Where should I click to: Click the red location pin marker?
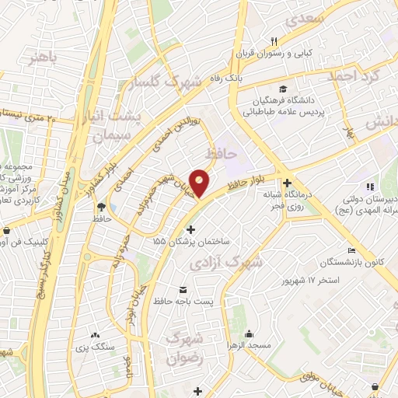tap(201, 182)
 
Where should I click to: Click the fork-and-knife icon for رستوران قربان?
tap(274, 41)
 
